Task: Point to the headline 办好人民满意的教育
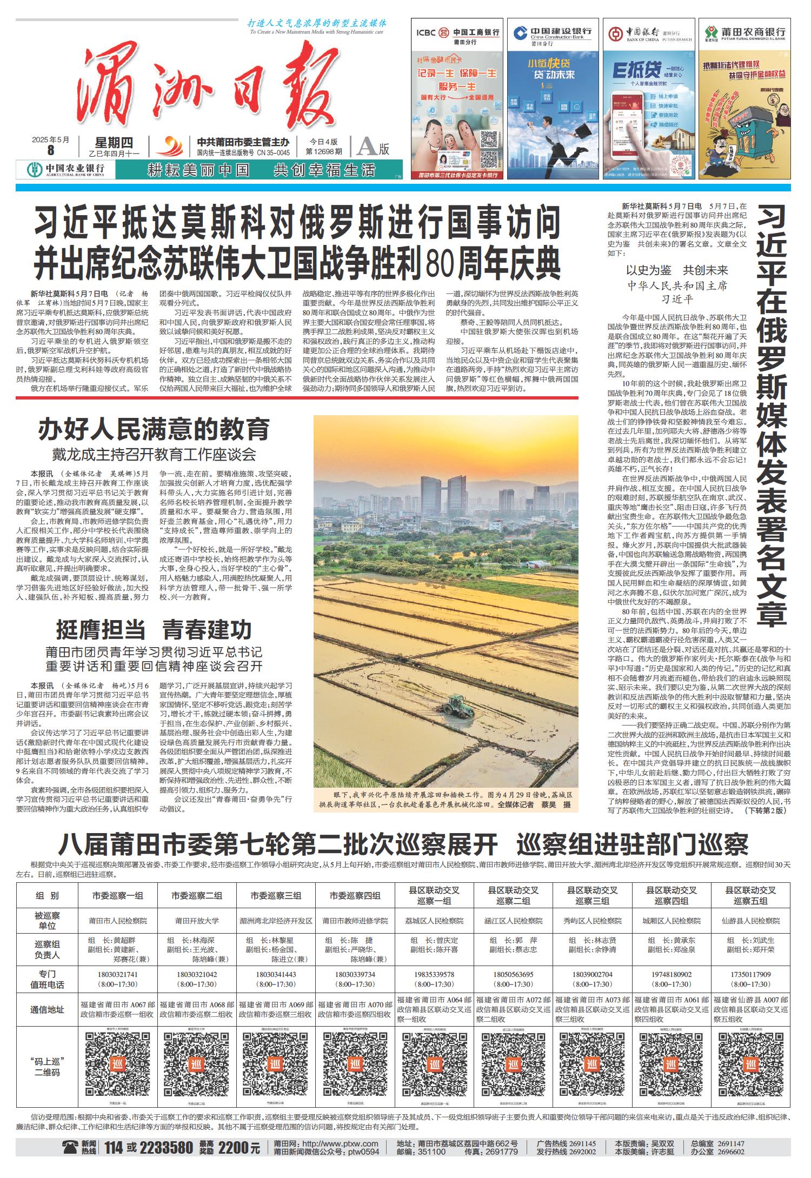point(154,429)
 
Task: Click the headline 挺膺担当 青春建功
point(154,630)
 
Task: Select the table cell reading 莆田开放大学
point(197,921)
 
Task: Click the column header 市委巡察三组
point(276,895)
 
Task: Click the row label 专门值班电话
point(47,979)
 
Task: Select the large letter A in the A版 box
point(367,147)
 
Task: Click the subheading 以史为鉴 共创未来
point(676,270)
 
